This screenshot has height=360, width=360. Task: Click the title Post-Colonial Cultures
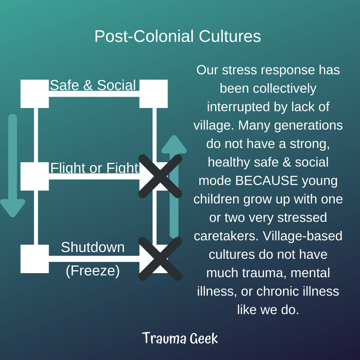pyautogui.click(x=178, y=36)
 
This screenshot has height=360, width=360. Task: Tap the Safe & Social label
pyautogui.click(x=93, y=85)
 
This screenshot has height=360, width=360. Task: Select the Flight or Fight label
pyautogui.click(x=94, y=168)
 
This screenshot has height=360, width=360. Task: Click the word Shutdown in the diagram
pyautogui.click(x=93, y=247)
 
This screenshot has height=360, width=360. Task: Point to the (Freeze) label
pyautogui.click(x=93, y=271)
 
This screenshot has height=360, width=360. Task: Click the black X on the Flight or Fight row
pyautogui.click(x=160, y=176)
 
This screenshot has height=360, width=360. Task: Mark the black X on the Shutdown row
pyautogui.click(x=160, y=259)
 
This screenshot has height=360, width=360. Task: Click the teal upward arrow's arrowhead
pyautogui.click(x=174, y=144)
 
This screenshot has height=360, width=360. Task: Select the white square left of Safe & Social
pyautogui.click(x=35, y=94)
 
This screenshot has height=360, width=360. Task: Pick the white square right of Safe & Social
pyautogui.click(x=153, y=94)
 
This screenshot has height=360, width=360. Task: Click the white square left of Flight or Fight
pyautogui.click(x=35, y=176)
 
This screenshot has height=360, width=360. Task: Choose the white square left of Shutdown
pyautogui.click(x=35, y=259)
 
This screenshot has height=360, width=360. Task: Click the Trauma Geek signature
pyautogui.click(x=180, y=338)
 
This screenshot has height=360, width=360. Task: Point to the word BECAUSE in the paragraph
pyautogui.click(x=266, y=181)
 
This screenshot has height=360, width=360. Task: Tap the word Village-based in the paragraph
pyautogui.click(x=302, y=236)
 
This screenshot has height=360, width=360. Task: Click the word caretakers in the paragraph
pyautogui.click(x=226, y=236)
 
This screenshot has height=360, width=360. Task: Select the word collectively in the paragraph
pyautogui.click(x=285, y=89)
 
